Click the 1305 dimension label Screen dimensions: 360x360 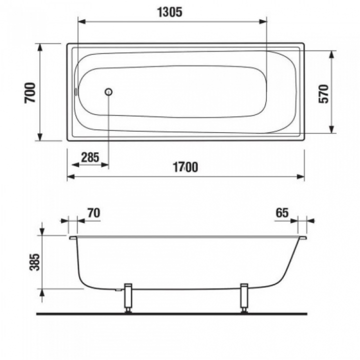click(169, 12)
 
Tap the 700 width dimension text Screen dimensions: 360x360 click(30, 92)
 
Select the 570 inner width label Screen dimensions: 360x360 click(323, 93)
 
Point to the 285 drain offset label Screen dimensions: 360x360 click(90, 157)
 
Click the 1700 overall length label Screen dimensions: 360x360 click(185, 167)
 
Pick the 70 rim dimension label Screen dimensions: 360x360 click(94, 213)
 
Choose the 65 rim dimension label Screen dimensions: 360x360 click(282, 213)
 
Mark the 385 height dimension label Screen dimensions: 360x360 click(35, 262)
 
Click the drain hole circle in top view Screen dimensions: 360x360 click(108, 92)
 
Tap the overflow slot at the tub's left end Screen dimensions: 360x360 click(76, 92)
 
